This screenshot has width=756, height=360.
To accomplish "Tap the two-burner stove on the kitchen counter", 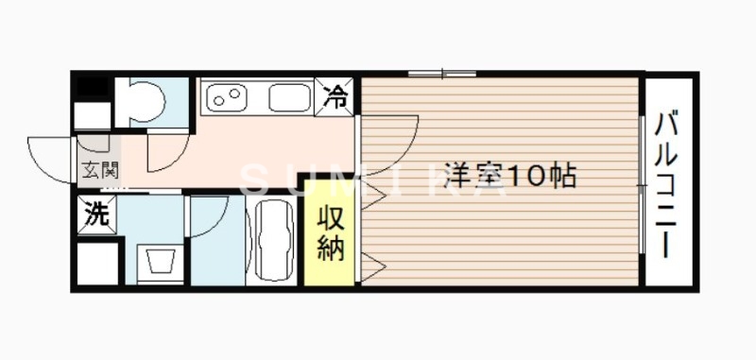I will tap(226, 96).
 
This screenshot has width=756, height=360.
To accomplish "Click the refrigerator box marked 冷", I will tap(336, 94).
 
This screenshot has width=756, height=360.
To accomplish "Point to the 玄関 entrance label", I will tap(98, 170).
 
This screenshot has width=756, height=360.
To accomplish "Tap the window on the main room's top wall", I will tap(442, 74).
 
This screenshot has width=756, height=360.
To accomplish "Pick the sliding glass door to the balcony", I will tap(643, 184).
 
